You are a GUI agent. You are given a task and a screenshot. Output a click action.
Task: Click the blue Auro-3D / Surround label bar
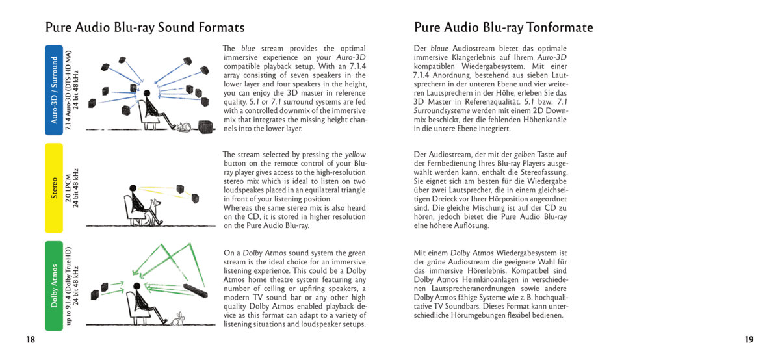click(53, 90)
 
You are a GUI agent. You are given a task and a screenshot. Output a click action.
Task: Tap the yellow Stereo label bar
click(53, 188)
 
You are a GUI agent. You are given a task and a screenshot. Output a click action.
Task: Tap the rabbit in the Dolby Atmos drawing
click(177, 319)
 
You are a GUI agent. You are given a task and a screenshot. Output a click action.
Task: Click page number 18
click(31, 340)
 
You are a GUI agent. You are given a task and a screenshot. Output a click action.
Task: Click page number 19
click(749, 340)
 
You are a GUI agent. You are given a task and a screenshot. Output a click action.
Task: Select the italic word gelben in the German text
click(525, 154)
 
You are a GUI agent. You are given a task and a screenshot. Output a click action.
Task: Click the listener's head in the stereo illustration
click(133, 188)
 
